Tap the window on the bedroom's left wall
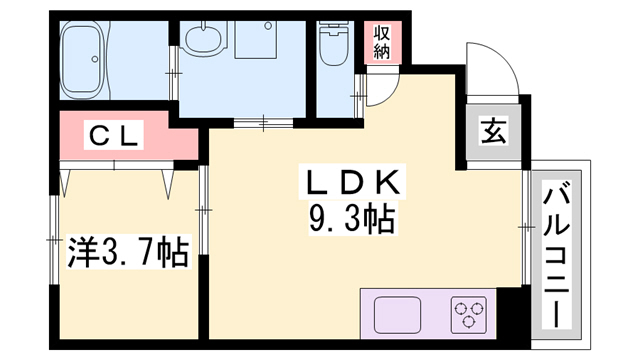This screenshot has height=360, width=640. pos(52,240)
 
